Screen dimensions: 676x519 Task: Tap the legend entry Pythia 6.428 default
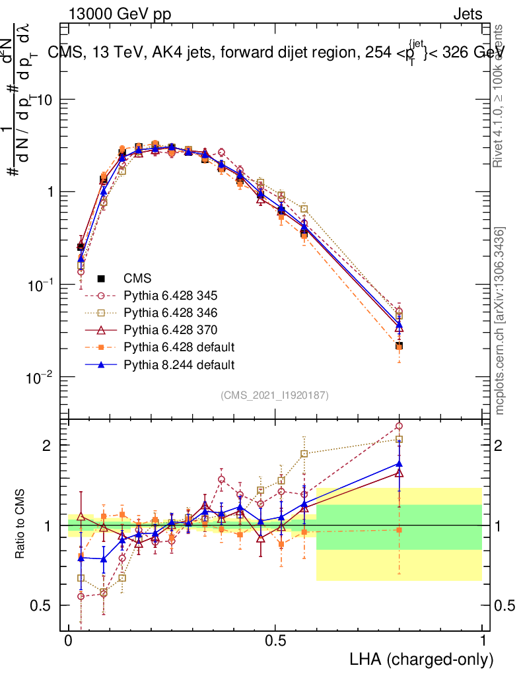(x=174, y=347)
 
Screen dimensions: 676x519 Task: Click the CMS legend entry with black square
(x=138, y=278)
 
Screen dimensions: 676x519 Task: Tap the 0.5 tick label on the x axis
(x=275, y=641)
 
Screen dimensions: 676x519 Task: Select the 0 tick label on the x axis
(x=68, y=641)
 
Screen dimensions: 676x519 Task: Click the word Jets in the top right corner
(x=467, y=14)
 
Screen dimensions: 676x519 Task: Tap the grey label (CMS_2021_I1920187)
(x=275, y=395)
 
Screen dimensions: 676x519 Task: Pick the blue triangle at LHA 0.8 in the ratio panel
(x=399, y=463)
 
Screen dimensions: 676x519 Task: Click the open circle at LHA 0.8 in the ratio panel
(x=399, y=426)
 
